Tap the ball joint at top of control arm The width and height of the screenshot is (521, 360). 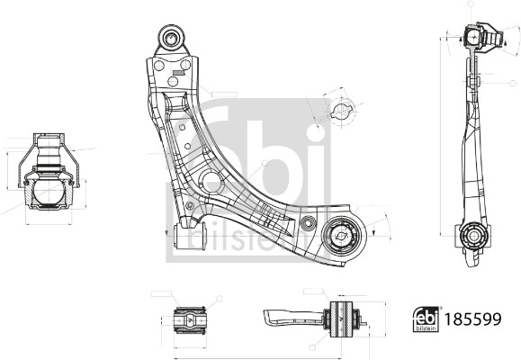click(171, 38)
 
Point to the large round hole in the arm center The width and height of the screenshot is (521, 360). click(212, 182)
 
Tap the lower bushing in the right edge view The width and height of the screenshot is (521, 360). click(473, 238)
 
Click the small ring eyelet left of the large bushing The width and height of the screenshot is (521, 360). click(308, 222)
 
